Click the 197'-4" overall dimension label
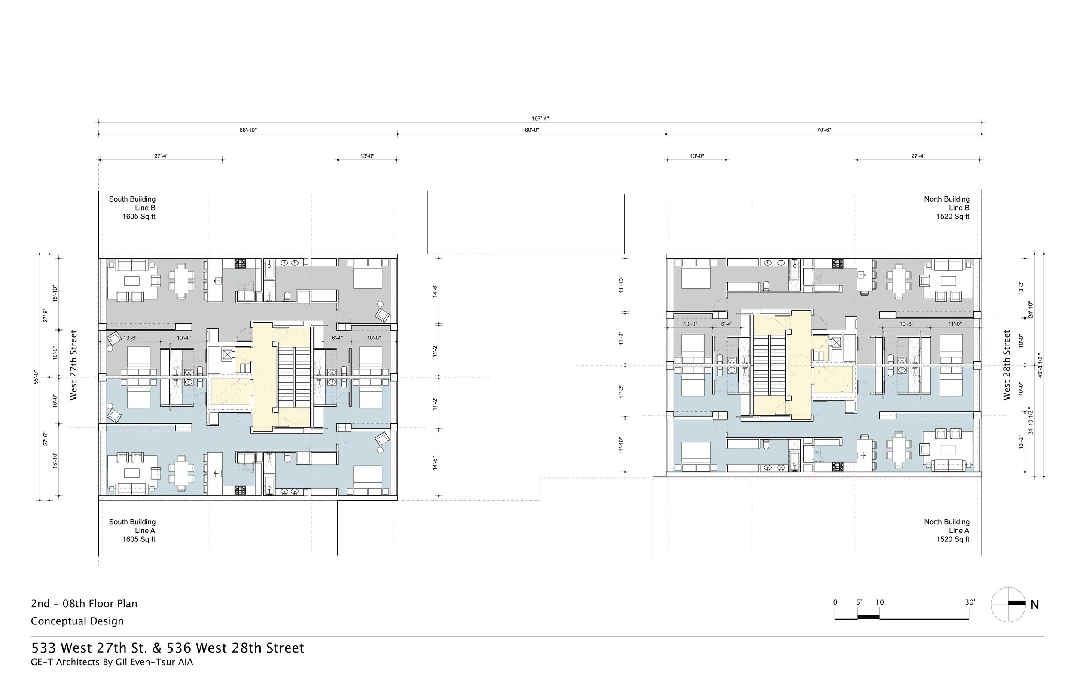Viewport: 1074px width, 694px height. point(540,119)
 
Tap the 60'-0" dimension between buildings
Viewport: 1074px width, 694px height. point(531,130)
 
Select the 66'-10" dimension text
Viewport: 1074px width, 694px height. point(248,130)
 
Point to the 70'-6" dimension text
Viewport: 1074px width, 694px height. point(824,130)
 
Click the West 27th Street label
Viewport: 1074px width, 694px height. point(73,364)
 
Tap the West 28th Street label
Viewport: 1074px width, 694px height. point(1007,364)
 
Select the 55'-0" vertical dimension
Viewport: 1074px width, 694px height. point(36,377)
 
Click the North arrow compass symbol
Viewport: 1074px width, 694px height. point(1008,604)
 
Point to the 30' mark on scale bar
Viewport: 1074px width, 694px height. point(970,602)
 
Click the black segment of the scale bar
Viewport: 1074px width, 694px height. point(868,617)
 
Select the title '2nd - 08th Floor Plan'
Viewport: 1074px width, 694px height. point(84,603)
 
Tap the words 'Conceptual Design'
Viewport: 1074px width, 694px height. point(77,621)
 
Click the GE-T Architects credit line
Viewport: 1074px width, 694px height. point(112,662)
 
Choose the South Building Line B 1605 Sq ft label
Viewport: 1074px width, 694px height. point(132,208)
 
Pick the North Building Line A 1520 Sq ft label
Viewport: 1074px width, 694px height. point(946,530)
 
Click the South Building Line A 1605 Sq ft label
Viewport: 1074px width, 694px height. point(132,530)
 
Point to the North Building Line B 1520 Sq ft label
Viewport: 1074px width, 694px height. point(946,208)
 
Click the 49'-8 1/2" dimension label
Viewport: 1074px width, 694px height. point(1040,364)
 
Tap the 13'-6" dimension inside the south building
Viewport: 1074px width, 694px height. point(130,338)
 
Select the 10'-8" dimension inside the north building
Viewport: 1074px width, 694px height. point(906,324)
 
